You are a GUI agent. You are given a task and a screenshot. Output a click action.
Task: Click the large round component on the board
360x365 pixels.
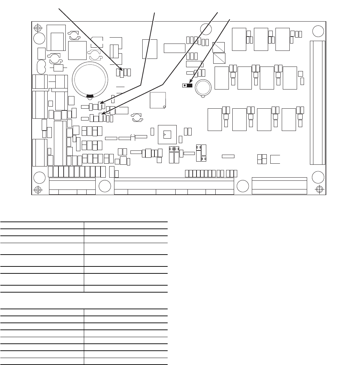click(x=89, y=79)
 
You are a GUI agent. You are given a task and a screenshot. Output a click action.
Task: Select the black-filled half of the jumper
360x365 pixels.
click(x=190, y=85)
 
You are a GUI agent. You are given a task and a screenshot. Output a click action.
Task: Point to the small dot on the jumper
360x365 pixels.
click(x=185, y=85)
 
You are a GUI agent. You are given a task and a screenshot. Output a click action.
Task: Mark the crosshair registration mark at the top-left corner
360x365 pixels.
click(x=38, y=28)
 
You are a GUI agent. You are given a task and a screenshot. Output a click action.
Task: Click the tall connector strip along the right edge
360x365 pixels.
click(x=317, y=102)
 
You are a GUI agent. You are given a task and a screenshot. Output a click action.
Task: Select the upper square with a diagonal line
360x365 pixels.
click(x=218, y=47)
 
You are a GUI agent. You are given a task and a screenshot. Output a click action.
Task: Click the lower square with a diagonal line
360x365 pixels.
click(x=218, y=58)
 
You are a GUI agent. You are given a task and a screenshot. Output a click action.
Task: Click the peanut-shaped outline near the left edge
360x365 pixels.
click(x=41, y=67)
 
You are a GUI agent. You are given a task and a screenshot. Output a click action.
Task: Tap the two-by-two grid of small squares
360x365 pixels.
click(x=262, y=159)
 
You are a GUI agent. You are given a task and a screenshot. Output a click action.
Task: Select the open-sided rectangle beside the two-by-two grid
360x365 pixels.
click(x=275, y=159)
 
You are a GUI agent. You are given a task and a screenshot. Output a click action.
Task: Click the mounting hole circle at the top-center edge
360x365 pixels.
click(x=206, y=29)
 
